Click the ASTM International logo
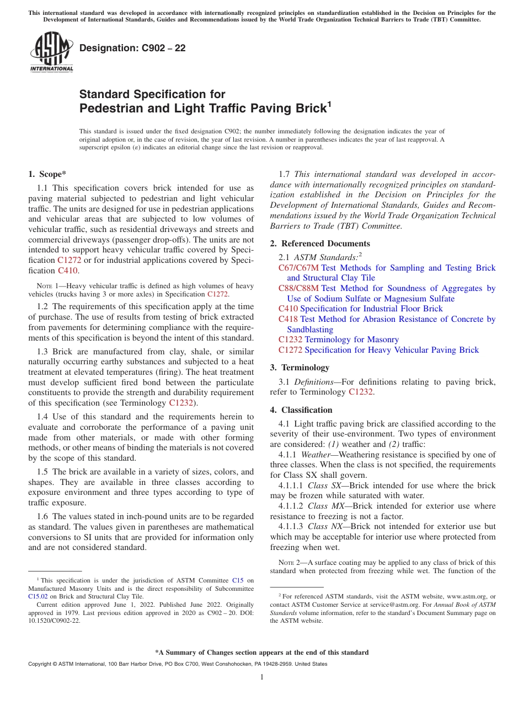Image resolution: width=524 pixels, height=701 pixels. pos(51,52)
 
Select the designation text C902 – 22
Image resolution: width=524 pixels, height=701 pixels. pos(132,48)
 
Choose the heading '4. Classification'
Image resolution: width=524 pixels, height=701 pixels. pos(301,410)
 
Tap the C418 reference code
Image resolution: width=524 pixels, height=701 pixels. pos(288,319)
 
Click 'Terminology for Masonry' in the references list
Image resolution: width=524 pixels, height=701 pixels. pos(351,339)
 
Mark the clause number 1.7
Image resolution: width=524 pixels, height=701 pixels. pos(285,174)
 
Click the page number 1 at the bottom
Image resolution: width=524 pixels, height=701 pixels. pos(262,677)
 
